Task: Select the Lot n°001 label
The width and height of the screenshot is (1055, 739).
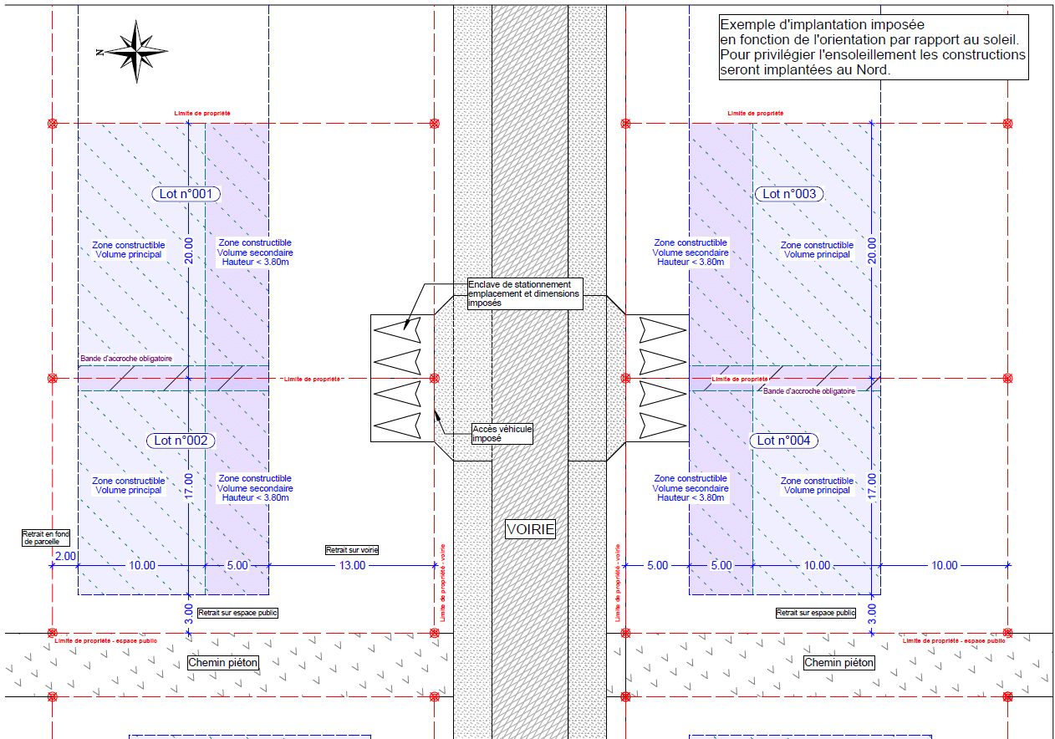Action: coord(186,194)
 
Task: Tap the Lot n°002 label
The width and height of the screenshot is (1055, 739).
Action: coord(181,441)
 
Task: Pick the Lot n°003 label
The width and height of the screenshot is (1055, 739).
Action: coord(788,194)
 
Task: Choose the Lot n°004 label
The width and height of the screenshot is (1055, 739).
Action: coord(783,441)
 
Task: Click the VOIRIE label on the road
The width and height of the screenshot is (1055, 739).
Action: coord(531,529)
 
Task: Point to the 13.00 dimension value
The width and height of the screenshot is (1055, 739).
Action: coord(352,565)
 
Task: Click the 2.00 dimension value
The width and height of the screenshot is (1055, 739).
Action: coord(65,556)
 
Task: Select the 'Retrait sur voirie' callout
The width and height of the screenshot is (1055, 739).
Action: coord(352,550)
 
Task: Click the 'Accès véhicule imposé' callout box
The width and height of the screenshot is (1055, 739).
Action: coord(502,433)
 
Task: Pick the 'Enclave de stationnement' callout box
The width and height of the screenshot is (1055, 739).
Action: coord(525,293)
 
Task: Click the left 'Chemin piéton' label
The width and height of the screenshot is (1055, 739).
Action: coord(223,663)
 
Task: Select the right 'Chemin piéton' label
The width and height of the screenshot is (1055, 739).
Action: coord(838,663)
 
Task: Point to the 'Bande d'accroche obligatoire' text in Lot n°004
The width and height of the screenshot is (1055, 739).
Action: coord(809,390)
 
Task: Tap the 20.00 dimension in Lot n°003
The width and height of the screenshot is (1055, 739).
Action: coord(872,250)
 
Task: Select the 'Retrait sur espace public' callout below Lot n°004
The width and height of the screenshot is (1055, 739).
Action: coord(816,613)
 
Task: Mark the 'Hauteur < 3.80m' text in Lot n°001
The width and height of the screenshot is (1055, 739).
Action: coord(255,262)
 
